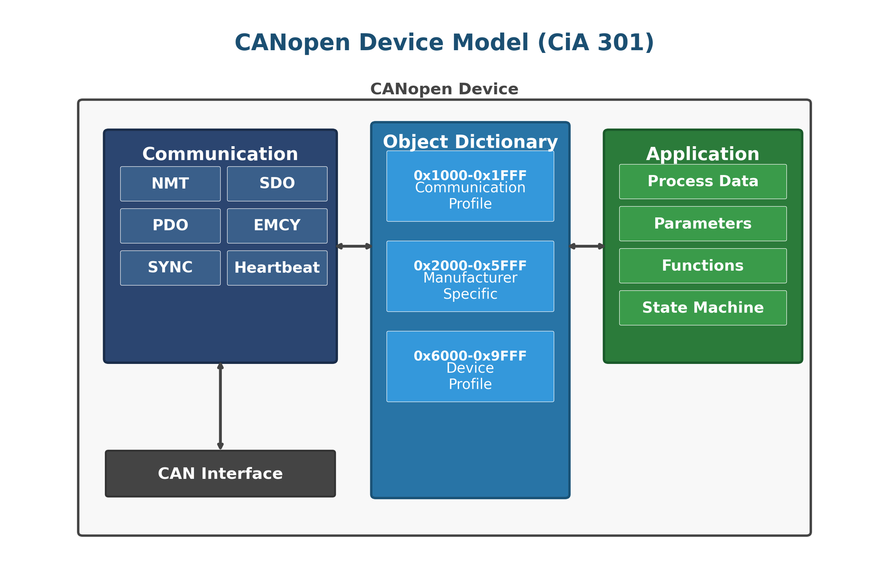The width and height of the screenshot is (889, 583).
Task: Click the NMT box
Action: point(170,184)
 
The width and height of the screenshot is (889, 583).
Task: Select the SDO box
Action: point(277,184)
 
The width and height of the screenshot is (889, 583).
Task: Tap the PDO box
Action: point(170,226)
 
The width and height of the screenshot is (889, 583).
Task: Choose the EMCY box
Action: point(277,226)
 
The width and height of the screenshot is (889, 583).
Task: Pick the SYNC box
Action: point(170,268)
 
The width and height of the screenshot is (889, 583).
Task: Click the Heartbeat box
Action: point(277,268)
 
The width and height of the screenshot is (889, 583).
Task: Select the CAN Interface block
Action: point(220,474)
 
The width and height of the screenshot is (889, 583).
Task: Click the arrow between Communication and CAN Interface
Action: point(220,407)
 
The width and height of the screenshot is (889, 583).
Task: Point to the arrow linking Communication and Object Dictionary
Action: point(354,246)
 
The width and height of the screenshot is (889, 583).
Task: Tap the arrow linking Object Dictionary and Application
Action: point(586,246)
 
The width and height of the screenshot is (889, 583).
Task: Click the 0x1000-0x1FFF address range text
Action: point(470,176)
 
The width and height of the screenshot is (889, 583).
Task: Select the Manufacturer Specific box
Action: point(470,276)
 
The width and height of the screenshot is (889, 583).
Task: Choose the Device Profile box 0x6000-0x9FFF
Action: point(470,367)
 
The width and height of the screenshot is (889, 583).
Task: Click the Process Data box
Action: point(703,181)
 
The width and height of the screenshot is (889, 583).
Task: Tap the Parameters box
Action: point(703,224)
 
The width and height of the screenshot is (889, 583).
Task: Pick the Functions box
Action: point(703,266)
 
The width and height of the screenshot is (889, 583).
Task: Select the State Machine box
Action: point(703,308)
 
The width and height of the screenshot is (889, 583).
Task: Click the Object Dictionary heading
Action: point(470,142)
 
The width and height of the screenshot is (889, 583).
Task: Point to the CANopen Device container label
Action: point(444,89)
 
